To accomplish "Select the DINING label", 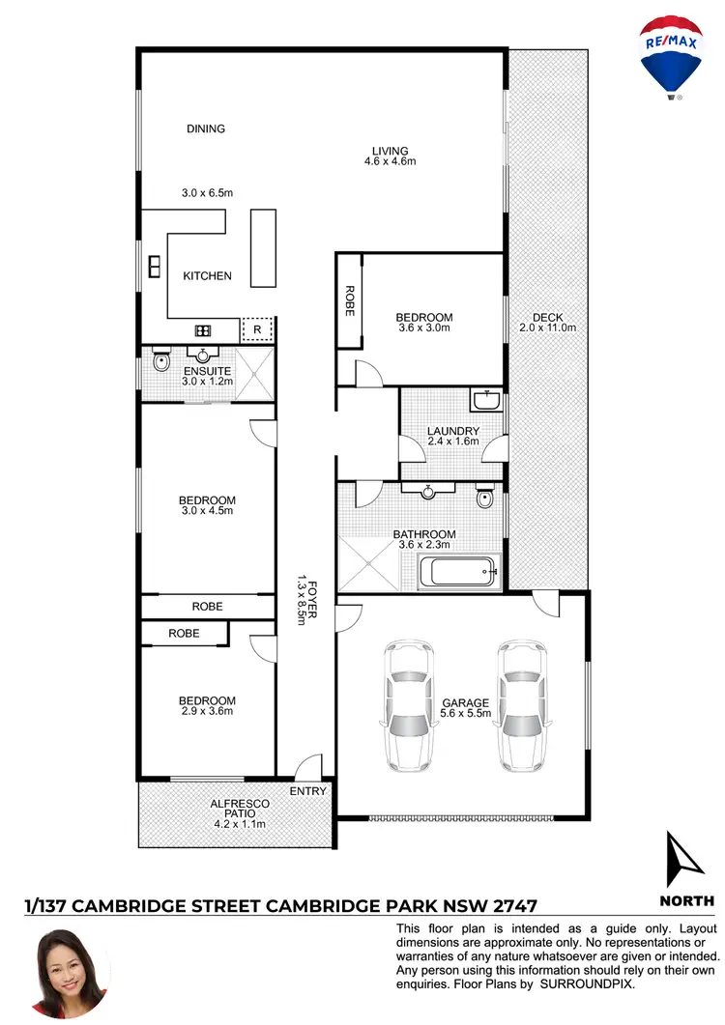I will coord(206,128).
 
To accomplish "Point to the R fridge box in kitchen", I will coord(257,330).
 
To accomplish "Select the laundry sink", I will coord(486,400).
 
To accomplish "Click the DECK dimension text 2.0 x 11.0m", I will coord(547,327).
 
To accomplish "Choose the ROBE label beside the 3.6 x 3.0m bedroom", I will coord(349,300).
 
